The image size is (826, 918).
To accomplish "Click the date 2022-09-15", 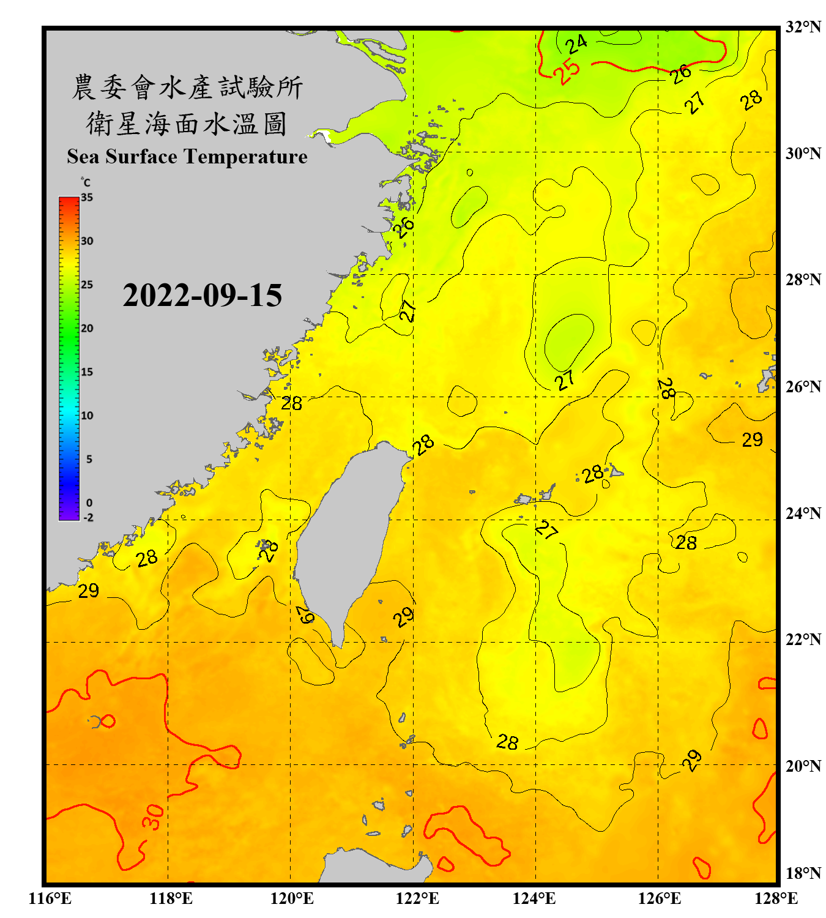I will click(202, 296).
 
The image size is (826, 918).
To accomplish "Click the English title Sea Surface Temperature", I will click(187, 157).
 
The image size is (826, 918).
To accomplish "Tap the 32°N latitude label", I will click(803, 27).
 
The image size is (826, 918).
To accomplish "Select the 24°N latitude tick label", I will click(803, 513).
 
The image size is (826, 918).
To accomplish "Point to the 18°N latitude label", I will click(803, 873).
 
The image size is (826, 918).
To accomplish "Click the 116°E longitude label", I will click(50, 898).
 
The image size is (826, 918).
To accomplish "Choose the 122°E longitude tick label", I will click(417, 898).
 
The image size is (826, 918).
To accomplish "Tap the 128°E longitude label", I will click(776, 898).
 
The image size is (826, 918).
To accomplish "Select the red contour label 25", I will click(567, 71).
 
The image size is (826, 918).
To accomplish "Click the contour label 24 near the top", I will click(576, 44).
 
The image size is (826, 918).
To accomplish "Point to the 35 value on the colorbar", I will click(87, 198).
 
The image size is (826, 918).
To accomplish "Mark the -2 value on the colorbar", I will click(88, 517).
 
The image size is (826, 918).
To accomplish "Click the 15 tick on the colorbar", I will click(87, 372).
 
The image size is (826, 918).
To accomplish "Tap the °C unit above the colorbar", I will click(86, 182).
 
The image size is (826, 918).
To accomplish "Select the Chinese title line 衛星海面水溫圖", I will click(187, 124).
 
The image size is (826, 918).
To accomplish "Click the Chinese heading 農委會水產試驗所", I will click(187, 87).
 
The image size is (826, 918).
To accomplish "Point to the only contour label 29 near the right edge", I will click(752, 439).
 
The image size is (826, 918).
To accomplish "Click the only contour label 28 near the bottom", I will click(507, 742).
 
